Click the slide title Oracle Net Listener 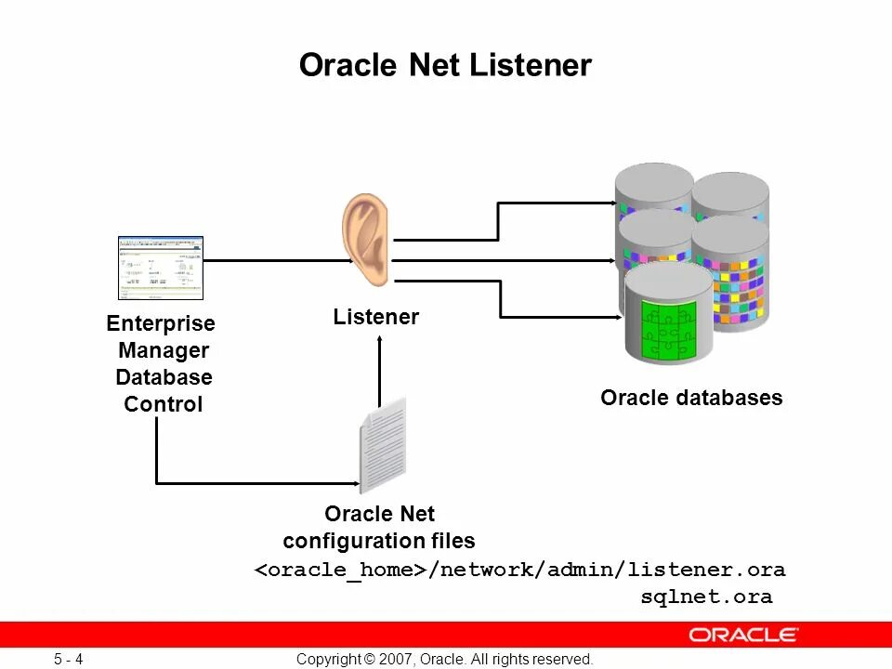[x=445, y=66]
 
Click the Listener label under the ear [x=376, y=317]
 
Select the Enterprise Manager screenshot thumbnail [x=161, y=268]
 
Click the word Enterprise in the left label [x=161, y=323]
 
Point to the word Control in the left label [x=164, y=404]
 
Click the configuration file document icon [x=383, y=445]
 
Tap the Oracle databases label [x=691, y=398]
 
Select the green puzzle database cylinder [x=668, y=316]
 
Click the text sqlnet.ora [x=706, y=597]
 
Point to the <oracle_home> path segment [x=341, y=570]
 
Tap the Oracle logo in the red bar [x=742, y=636]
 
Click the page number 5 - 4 [x=69, y=660]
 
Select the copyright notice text [x=444, y=660]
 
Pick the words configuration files [x=379, y=541]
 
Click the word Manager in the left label [x=164, y=350]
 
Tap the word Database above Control [x=164, y=377]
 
